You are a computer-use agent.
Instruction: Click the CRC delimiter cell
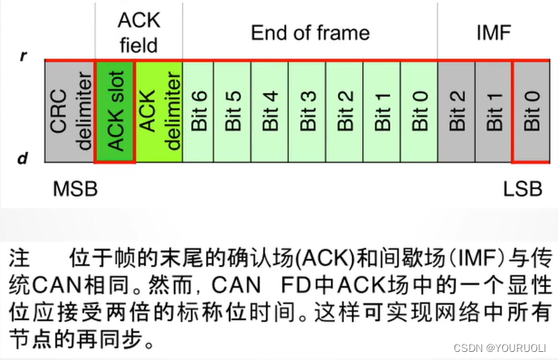(70, 112)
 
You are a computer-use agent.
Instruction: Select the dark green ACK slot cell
(116, 112)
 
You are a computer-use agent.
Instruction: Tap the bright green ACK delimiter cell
(158, 112)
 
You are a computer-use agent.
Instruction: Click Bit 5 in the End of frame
(233, 112)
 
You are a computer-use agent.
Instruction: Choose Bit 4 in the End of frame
(270, 112)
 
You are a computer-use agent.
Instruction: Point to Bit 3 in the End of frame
(307, 112)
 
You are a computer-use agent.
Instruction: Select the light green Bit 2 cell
(345, 112)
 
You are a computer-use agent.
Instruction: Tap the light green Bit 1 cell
(382, 112)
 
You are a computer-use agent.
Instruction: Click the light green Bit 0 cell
(419, 112)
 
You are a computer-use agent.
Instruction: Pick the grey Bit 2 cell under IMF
(456, 112)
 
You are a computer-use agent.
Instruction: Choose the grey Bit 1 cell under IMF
(493, 112)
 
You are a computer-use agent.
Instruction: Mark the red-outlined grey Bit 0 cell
(531, 112)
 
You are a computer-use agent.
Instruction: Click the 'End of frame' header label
(310, 33)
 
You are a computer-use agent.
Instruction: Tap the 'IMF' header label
(494, 33)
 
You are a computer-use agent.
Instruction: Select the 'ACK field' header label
(138, 32)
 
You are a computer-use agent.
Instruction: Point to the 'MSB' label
(75, 189)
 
